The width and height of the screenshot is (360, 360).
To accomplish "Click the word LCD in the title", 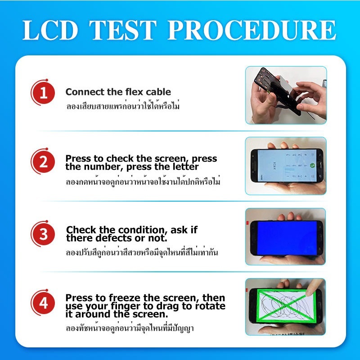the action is tap(50, 30).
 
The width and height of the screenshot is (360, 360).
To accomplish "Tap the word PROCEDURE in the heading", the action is tap(252, 30).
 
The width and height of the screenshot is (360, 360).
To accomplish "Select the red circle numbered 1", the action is tap(44, 93).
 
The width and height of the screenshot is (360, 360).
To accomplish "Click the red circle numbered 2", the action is tap(44, 162).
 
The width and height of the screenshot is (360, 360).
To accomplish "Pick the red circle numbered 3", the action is tap(44, 234).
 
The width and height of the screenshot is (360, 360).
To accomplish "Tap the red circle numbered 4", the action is tap(44, 302).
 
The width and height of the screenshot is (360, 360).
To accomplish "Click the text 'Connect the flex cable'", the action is tap(118, 92).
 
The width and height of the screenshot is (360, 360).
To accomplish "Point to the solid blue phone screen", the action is tap(287, 238).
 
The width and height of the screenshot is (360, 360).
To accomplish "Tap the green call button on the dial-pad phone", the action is tap(312, 165).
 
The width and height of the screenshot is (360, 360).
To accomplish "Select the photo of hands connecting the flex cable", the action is tap(286, 95).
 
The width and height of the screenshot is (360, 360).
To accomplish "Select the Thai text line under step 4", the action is tap(130, 328).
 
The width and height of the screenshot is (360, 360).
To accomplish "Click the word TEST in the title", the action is tap(123, 30).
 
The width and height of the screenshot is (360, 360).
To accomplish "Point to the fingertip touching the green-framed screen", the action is tap(310, 292).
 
